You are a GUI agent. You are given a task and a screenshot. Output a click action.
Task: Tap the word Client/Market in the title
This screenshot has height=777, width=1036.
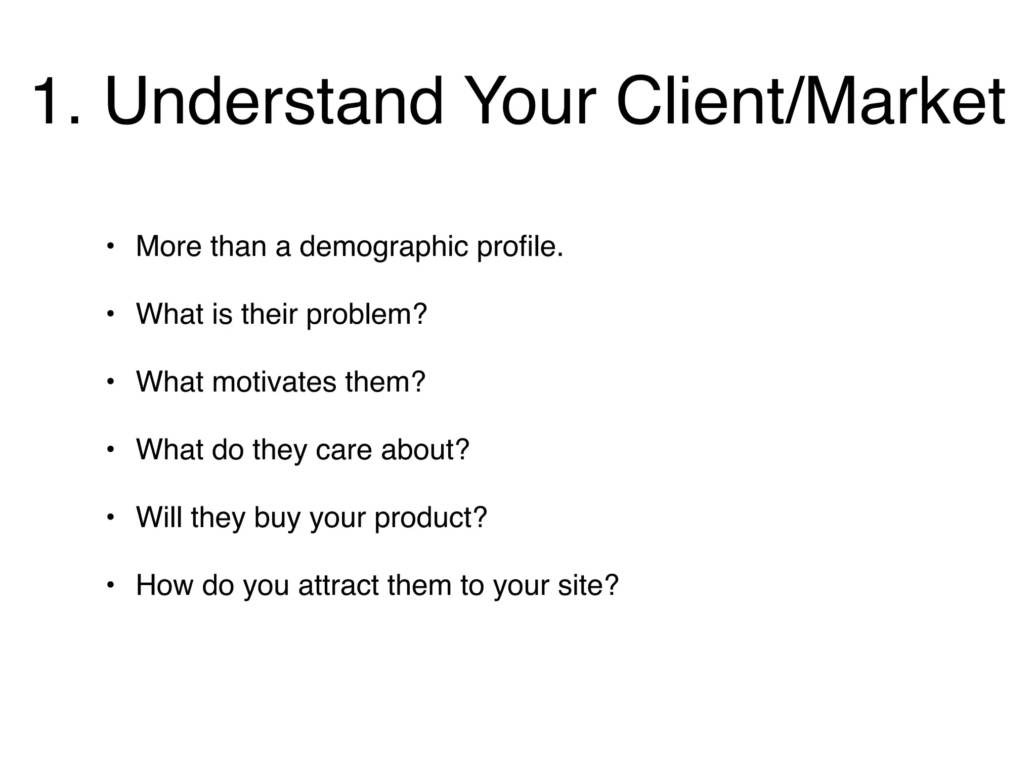810,101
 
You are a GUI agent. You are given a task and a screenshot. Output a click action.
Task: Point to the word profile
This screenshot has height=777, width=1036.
520,247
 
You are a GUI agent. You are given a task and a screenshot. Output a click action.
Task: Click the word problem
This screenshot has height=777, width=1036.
367,315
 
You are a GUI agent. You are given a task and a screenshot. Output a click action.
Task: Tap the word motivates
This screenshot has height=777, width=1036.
274,382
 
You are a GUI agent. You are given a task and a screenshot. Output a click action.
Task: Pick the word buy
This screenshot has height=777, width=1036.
277,519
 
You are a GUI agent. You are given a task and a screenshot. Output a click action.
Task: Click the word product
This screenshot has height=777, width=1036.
430,519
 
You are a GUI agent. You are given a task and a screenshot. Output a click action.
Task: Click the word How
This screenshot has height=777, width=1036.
164,585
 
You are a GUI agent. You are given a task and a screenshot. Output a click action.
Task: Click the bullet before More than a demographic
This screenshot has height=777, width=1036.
110,247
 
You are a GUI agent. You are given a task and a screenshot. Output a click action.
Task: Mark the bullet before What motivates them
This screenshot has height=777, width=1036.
110,382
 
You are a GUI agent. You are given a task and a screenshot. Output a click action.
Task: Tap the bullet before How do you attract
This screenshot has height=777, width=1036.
110,586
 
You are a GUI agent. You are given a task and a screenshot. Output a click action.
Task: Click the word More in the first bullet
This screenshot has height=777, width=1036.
168,247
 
